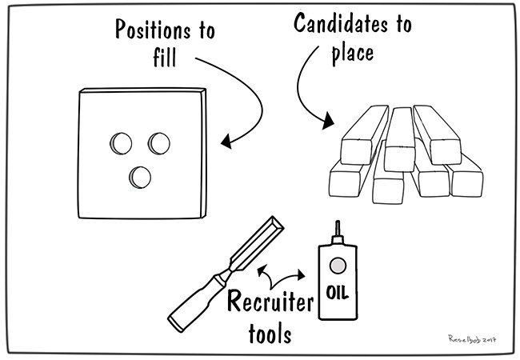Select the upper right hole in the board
(159, 143)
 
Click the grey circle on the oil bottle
(337, 264)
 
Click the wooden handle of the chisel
(196, 296)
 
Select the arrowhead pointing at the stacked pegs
(327, 122)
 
